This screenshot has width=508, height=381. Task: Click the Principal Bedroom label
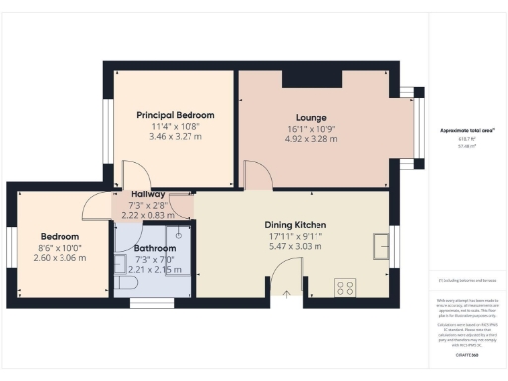pyautogui.click(x=175, y=115)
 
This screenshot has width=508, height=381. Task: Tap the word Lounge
pyautogui.click(x=298, y=117)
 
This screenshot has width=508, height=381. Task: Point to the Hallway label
pyautogui.click(x=148, y=194)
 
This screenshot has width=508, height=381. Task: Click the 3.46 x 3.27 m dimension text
pyautogui.click(x=175, y=136)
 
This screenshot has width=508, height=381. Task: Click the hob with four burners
pyautogui.click(x=346, y=287)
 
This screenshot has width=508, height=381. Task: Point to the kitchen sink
pyautogui.click(x=380, y=244)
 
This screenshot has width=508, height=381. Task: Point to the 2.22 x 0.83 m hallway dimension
pyautogui.click(x=148, y=214)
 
